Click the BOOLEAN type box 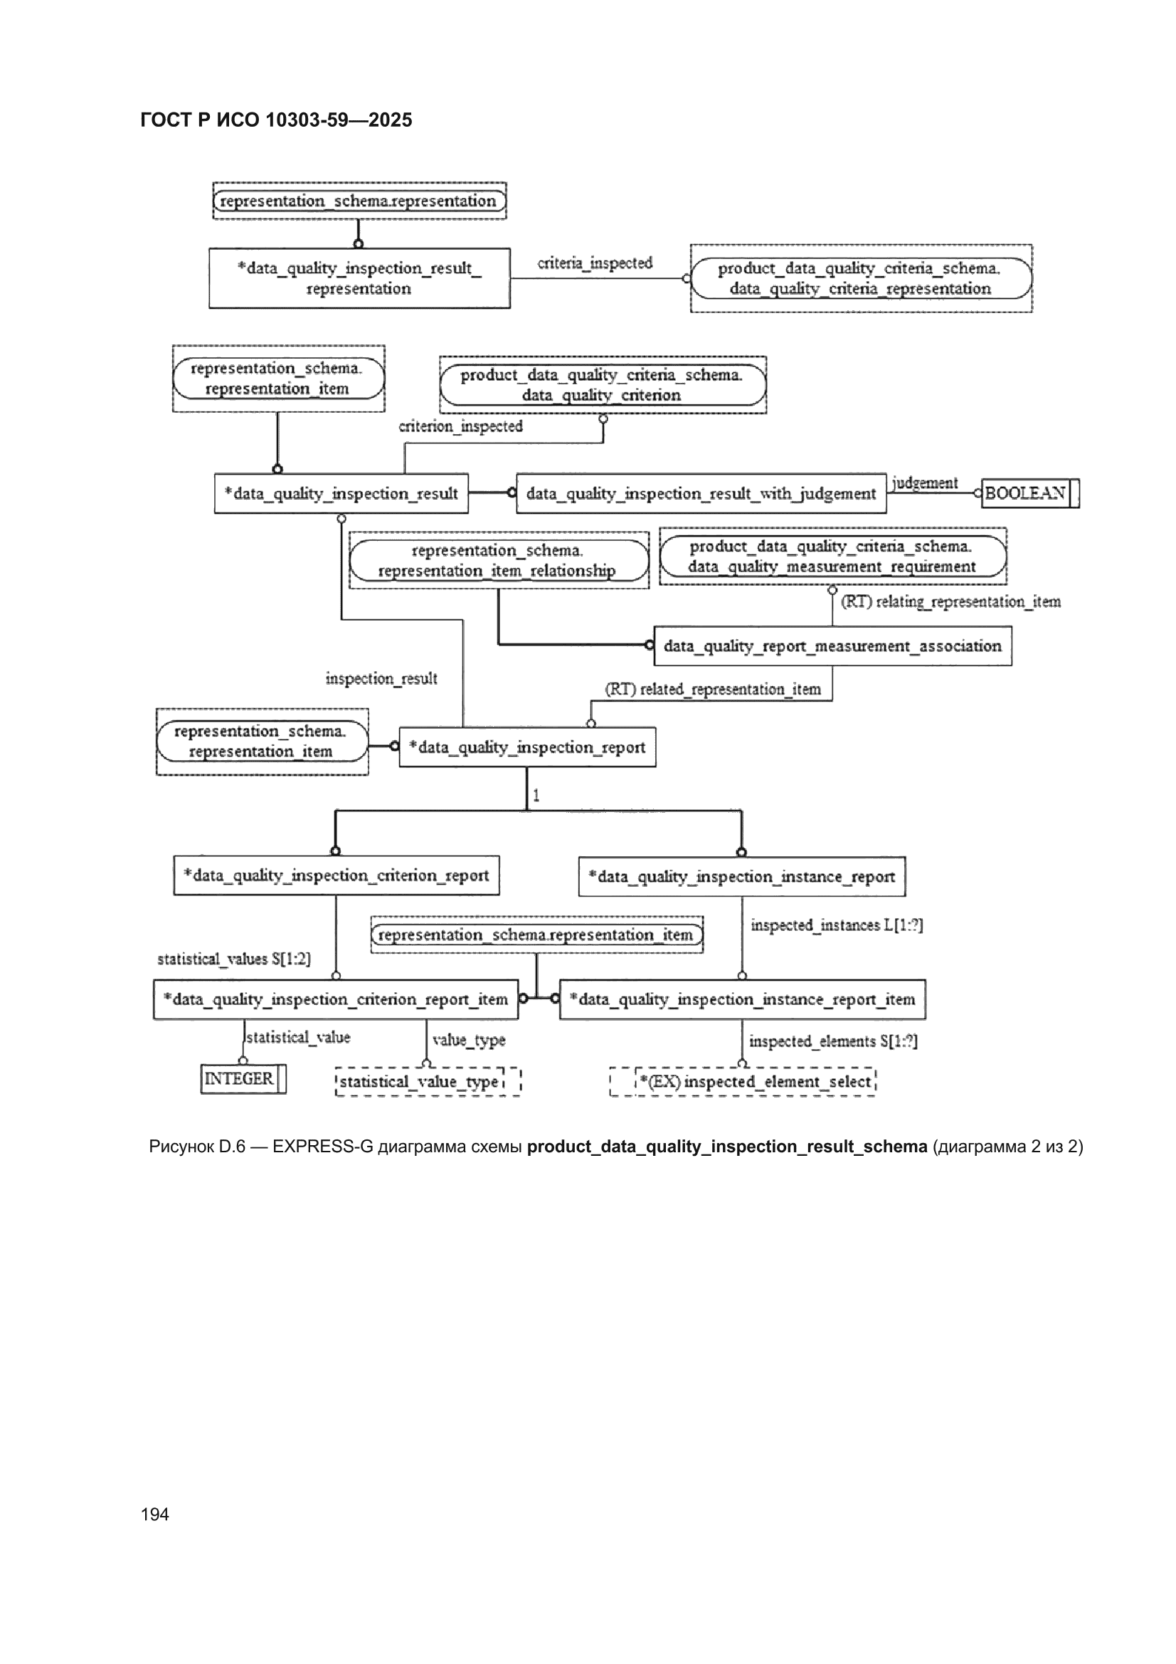[x=1029, y=493]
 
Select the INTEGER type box [x=243, y=1078]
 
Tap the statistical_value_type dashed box [x=428, y=1081]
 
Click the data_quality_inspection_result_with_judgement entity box [x=701, y=493]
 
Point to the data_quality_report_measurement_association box [x=832, y=646]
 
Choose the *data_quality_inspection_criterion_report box [x=337, y=875]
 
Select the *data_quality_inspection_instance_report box [x=742, y=877]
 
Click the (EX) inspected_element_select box [x=743, y=1081]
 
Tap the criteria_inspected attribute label [x=595, y=263]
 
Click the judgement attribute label [x=925, y=483]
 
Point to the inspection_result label [x=381, y=678]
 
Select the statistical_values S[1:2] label [x=234, y=959]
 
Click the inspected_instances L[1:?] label [x=837, y=925]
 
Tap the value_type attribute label [x=469, y=1040]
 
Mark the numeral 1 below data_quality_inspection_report [x=536, y=795]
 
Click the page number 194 [x=155, y=1514]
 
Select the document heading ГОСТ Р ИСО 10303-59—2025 [x=276, y=120]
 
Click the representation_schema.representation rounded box [x=359, y=201]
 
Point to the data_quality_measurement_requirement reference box [x=832, y=557]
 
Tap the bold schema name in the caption [x=727, y=1147]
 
